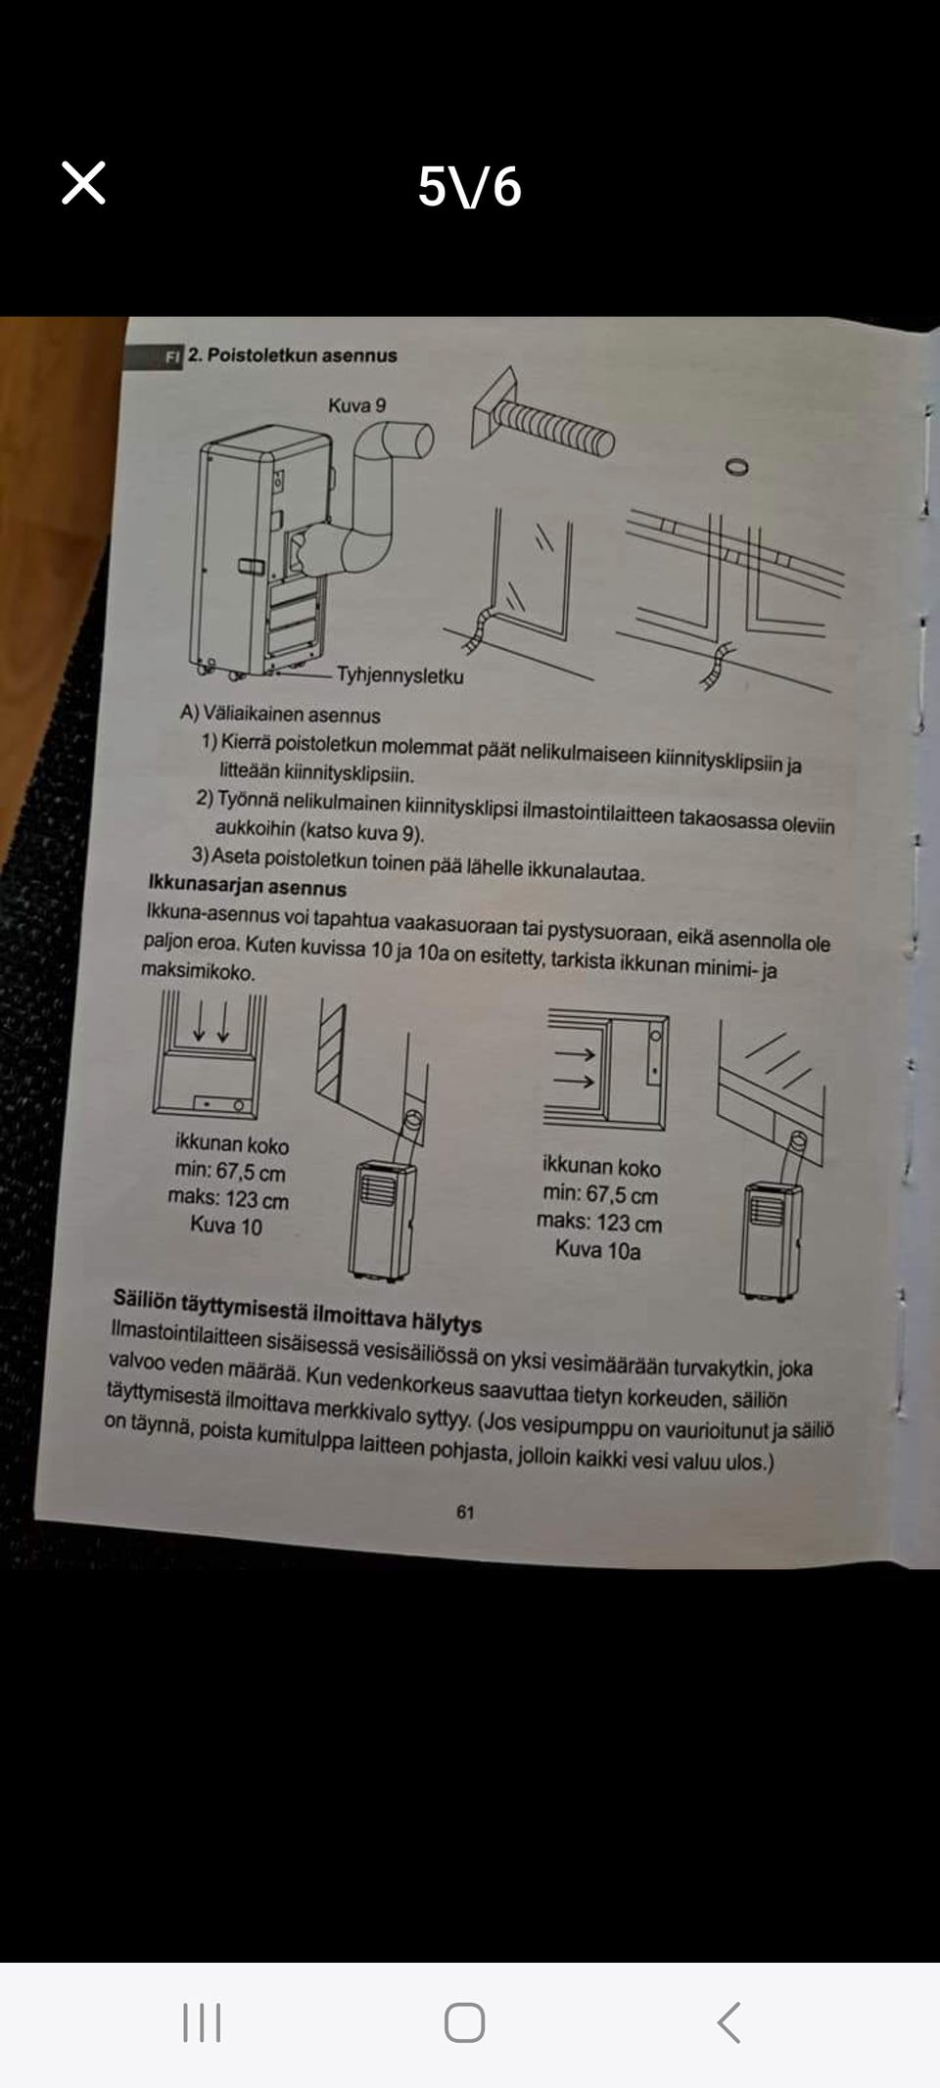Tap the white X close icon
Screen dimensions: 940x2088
point(83,183)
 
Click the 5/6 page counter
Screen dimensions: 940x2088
point(469,186)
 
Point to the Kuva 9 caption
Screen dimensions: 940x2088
point(356,404)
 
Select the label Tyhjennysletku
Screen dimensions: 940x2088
point(399,675)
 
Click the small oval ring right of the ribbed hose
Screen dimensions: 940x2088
point(737,467)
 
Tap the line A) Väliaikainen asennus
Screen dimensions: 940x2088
point(280,715)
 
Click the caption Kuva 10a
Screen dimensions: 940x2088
point(597,1250)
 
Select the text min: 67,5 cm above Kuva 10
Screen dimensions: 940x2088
point(230,1172)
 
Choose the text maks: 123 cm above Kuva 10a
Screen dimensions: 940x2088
point(599,1223)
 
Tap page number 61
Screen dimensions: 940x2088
point(465,1511)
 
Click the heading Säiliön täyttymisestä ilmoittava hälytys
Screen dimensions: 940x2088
point(297,1311)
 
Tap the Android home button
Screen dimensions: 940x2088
point(464,2022)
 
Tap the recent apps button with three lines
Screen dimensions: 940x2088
point(202,2022)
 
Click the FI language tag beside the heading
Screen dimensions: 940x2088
point(172,356)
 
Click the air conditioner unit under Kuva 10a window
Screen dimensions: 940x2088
point(771,1240)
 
